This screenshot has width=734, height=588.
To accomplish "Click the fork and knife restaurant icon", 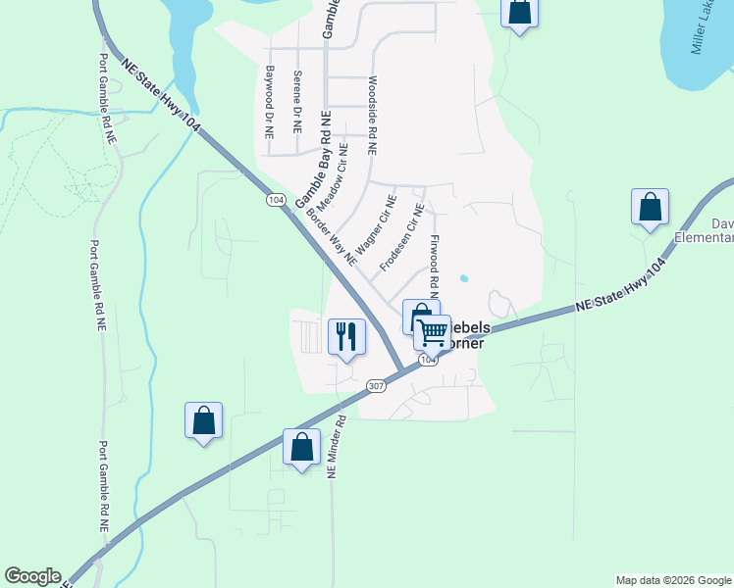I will tap(345, 337).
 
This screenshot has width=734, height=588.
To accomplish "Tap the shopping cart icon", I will tap(431, 333).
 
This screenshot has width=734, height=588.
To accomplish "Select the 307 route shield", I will tap(375, 385).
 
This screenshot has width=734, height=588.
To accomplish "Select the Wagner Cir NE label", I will tap(375, 225).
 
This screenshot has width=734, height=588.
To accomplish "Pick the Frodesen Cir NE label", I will tap(402, 237).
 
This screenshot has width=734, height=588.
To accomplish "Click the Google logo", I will tap(32, 576).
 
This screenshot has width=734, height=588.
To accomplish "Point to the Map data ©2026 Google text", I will tap(673, 580).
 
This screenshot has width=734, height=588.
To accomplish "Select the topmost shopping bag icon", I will tap(519, 13).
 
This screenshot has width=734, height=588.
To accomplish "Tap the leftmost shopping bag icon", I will tap(203, 420).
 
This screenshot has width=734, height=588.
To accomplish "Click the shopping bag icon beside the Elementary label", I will tap(650, 208).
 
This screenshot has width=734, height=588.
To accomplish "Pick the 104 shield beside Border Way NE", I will tap(276, 200).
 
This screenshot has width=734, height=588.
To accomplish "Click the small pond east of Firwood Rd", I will tap(463, 278).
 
